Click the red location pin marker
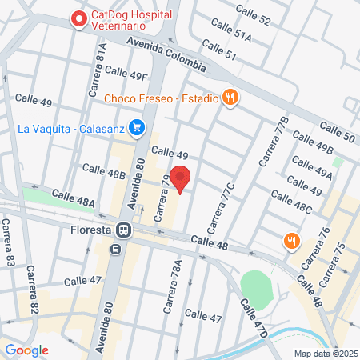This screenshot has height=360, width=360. point(181,177)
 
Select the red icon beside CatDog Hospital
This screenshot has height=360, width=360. point(79,18)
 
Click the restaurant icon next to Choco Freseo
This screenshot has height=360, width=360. point(230,98)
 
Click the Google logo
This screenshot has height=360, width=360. point(26,350)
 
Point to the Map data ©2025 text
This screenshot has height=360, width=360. point(324,353)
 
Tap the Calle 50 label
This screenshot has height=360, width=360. point(337,132)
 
